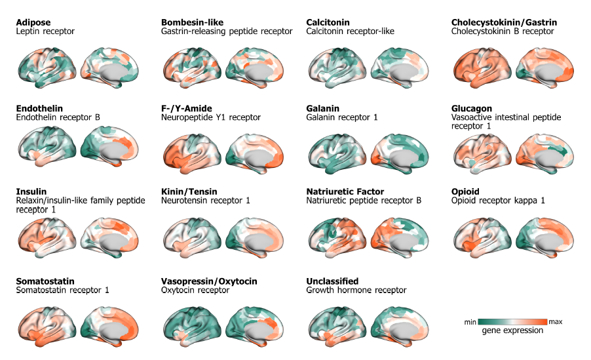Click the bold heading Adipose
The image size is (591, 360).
tap(33, 22)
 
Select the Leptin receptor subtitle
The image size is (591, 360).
tap(45, 31)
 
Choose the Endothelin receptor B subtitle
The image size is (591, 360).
tap(58, 117)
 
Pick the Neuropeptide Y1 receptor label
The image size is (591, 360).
tap(210, 117)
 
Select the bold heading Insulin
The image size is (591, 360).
tap(31, 191)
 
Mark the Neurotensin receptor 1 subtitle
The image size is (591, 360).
tap(205, 200)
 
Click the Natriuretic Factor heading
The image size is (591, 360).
tap(345, 191)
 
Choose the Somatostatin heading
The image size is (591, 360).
tap(45, 281)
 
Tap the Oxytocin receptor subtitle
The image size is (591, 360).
tap(195, 290)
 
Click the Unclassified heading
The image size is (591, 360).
tap(332, 281)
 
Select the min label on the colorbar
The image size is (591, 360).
tap(470, 322)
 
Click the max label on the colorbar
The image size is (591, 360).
tap(556, 322)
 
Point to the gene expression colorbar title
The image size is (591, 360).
tap(512, 330)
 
